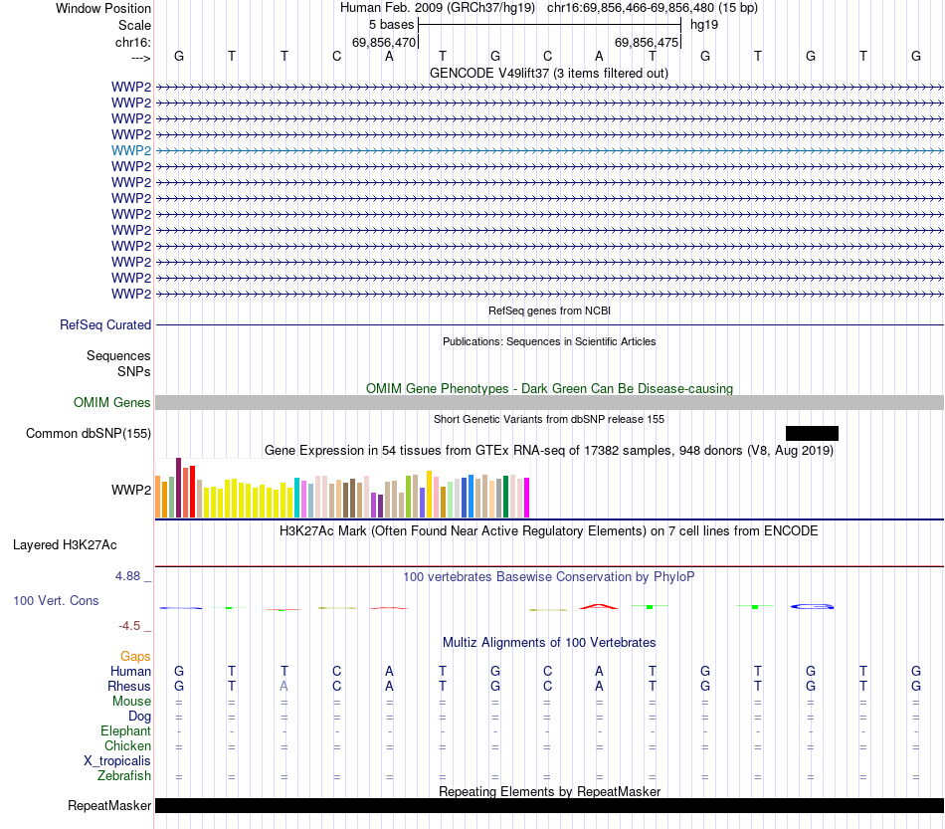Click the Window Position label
(x=103, y=8)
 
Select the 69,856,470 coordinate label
(x=384, y=43)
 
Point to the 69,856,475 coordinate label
(x=647, y=43)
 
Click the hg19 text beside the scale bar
(x=704, y=24)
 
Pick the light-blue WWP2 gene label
(x=131, y=150)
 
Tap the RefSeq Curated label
(x=105, y=325)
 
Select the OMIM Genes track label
(x=112, y=403)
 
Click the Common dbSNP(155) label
(x=89, y=434)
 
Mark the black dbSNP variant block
(x=812, y=433)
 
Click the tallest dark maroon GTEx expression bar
(x=178, y=488)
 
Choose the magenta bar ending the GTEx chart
(x=527, y=498)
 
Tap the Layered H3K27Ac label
(x=65, y=545)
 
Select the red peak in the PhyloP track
(x=599, y=604)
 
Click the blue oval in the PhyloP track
(x=811, y=606)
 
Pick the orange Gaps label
(x=135, y=657)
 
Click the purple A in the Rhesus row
(x=284, y=687)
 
